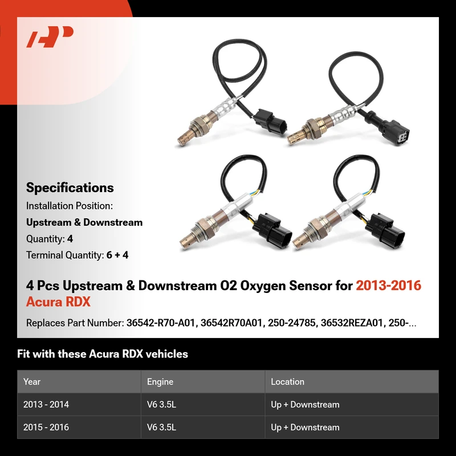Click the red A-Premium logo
point(50,36)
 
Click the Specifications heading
point(70,188)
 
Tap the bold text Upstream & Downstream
point(84,222)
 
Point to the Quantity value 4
point(70,239)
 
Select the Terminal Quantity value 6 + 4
point(117,255)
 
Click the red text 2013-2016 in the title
point(389,286)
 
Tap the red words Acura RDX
point(58,302)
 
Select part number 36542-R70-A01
point(161,323)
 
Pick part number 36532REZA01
point(351,323)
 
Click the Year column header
point(32,381)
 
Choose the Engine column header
point(160,381)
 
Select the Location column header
point(287,381)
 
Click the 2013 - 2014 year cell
point(46,405)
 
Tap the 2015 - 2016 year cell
point(46,427)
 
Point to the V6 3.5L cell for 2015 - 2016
point(161,427)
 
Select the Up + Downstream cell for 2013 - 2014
point(305,405)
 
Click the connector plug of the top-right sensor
point(396,131)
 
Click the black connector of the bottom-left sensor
point(272,230)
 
